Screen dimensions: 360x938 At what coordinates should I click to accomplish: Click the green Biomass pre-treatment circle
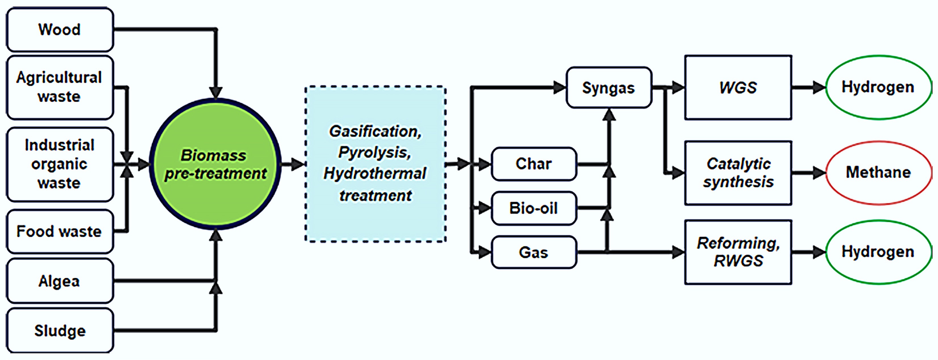coord(215,164)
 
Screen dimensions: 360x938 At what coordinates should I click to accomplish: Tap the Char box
coord(534,164)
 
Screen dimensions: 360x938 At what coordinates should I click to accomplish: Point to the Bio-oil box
coord(534,208)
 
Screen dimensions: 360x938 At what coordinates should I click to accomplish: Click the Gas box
coord(534,252)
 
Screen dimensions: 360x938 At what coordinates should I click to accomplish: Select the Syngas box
coord(608,88)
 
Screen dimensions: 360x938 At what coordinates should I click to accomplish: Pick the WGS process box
coord(738,88)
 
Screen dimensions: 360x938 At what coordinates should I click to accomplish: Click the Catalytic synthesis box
coord(738,173)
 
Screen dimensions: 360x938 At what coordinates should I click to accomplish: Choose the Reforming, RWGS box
coord(738,252)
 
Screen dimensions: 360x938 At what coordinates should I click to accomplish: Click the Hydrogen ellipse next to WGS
coord(878,87)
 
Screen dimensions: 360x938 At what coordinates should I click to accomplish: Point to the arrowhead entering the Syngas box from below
coord(609,115)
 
